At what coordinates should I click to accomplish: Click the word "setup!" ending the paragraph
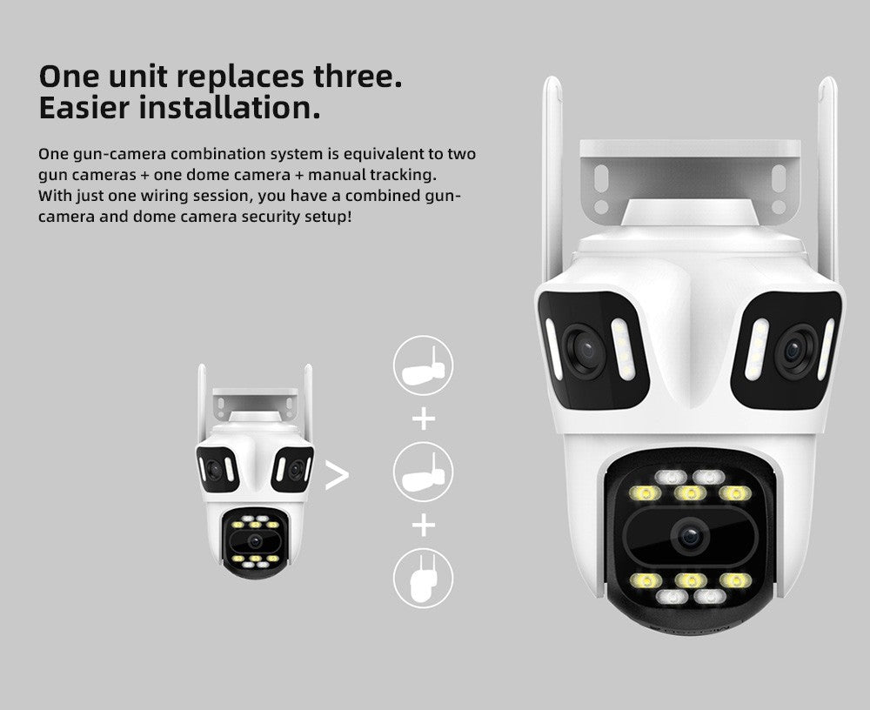(x=327, y=216)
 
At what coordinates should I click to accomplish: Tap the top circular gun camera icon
(x=424, y=365)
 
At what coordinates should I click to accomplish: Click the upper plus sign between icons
(x=424, y=419)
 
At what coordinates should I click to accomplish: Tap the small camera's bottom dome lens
(x=254, y=541)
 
